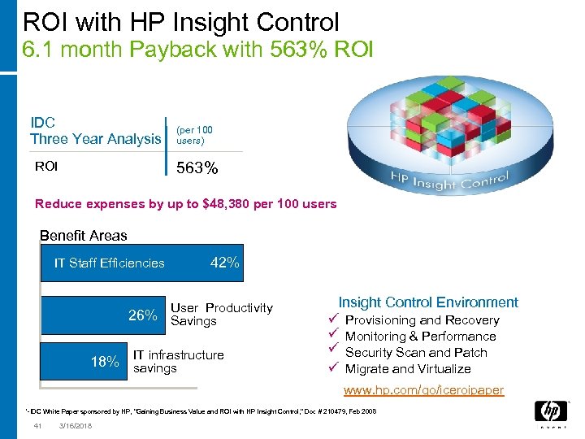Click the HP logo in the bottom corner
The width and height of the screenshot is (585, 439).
pyautogui.click(x=551, y=415)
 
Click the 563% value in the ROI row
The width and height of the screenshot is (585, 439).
pyautogui.click(x=197, y=168)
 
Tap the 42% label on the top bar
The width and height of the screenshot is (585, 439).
pyautogui.click(x=224, y=263)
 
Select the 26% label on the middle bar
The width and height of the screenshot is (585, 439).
pyautogui.click(x=143, y=315)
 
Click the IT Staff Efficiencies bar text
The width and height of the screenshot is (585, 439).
pyautogui.click(x=109, y=263)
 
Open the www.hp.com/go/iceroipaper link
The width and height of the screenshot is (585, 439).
pyautogui.click(x=422, y=390)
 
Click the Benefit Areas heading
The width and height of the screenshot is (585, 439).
pyautogui.click(x=84, y=236)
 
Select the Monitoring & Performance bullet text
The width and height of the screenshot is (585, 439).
pyautogui.click(x=420, y=337)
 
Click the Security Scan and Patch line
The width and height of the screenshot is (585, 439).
pyautogui.click(x=416, y=353)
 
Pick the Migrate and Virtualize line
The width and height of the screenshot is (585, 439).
pyautogui.click(x=408, y=369)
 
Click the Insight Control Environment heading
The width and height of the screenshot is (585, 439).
pyautogui.click(x=428, y=302)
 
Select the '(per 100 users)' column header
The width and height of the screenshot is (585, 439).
pyautogui.click(x=194, y=134)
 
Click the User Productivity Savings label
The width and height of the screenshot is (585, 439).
pyautogui.click(x=221, y=315)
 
